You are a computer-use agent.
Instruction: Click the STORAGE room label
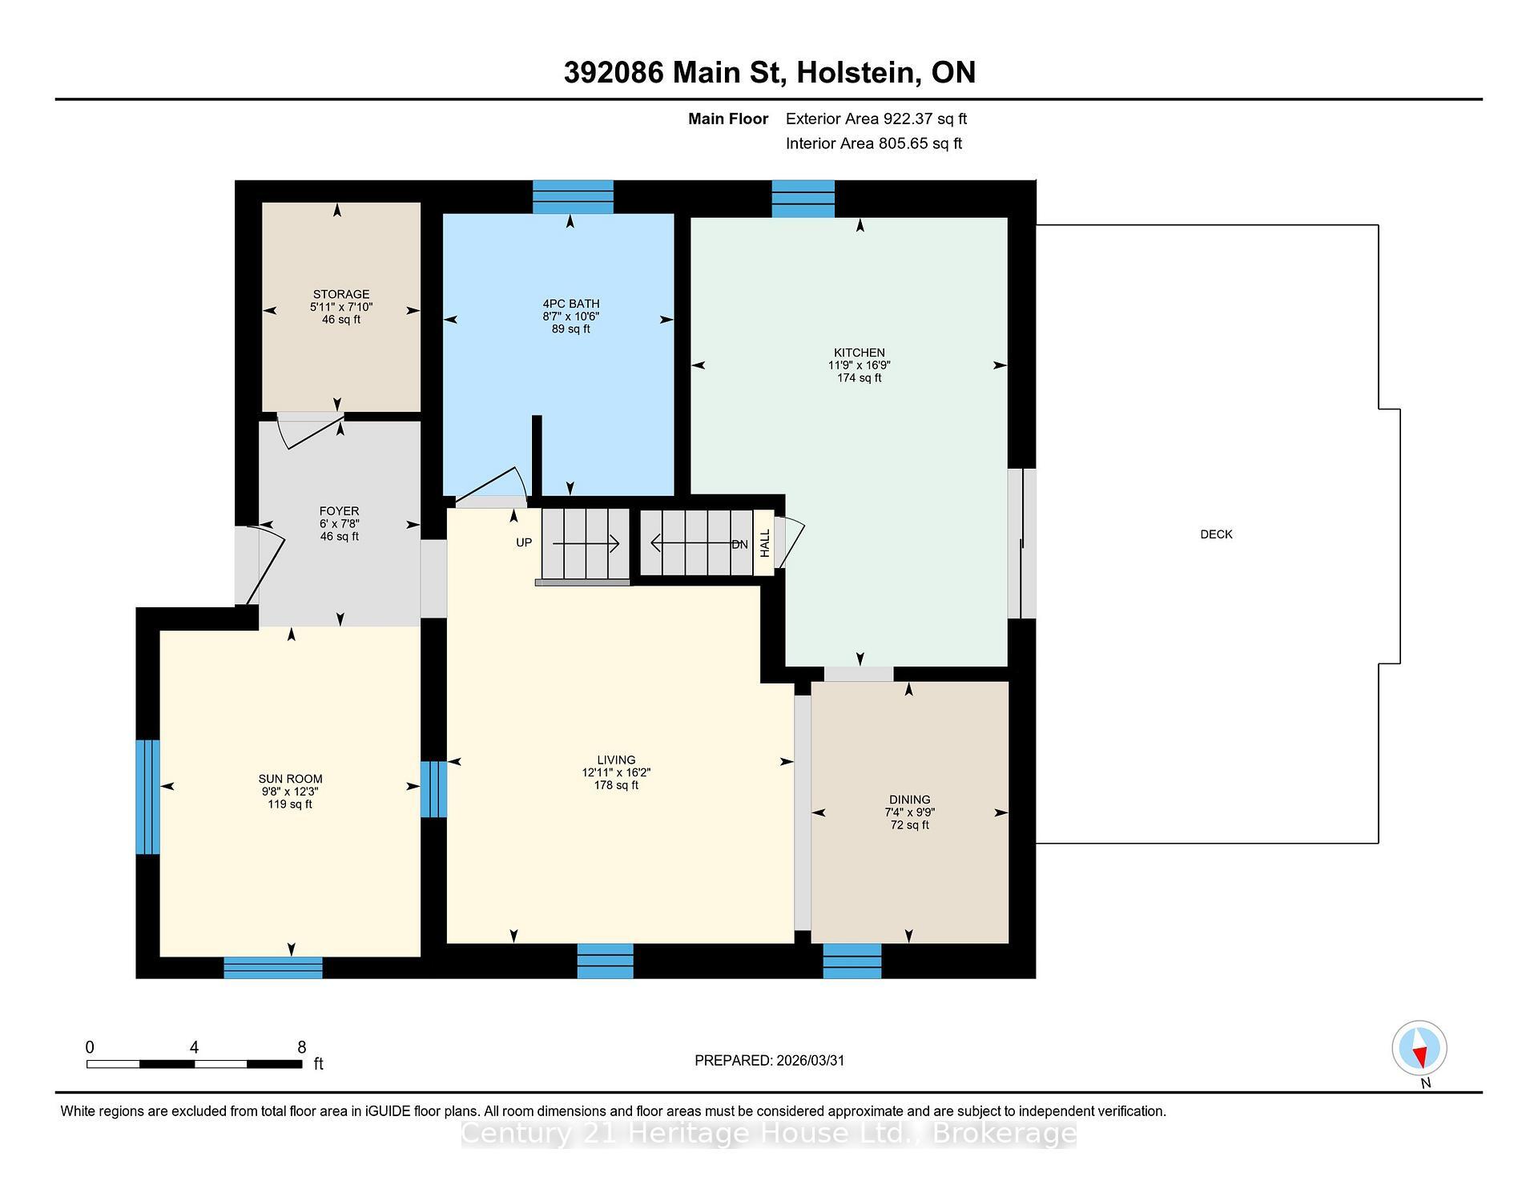[341, 294]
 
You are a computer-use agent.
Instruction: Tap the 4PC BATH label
[570, 304]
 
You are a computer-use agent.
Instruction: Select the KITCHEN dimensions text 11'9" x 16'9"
[859, 365]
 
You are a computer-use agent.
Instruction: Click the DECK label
[1215, 534]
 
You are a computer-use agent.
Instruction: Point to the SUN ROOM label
[290, 779]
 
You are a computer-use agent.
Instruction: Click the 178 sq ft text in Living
[615, 785]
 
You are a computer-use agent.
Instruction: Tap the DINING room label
[909, 800]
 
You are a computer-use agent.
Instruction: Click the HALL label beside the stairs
[764, 542]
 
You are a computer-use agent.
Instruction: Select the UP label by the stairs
[523, 542]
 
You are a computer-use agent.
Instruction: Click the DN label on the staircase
[739, 544]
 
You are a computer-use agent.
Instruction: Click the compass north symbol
[1419, 1048]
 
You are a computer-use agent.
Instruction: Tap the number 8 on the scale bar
[301, 1047]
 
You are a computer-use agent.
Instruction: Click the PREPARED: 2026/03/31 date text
[769, 1060]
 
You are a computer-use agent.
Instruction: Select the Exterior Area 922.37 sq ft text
[876, 119]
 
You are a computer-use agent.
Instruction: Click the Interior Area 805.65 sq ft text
[873, 143]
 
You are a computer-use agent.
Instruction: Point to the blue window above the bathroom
[573, 196]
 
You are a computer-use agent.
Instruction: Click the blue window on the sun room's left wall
[147, 796]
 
